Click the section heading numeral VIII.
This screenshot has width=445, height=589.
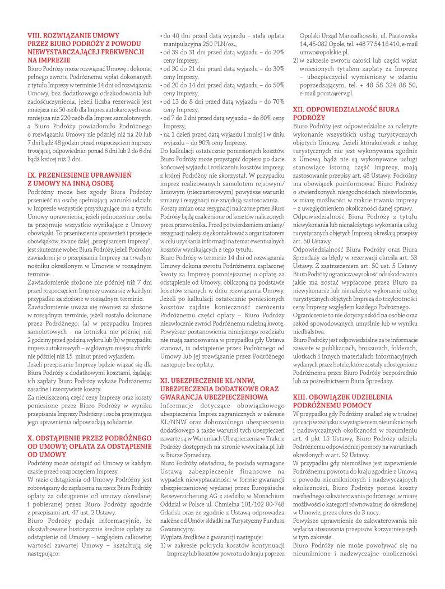pyautogui.click(x=35, y=35)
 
